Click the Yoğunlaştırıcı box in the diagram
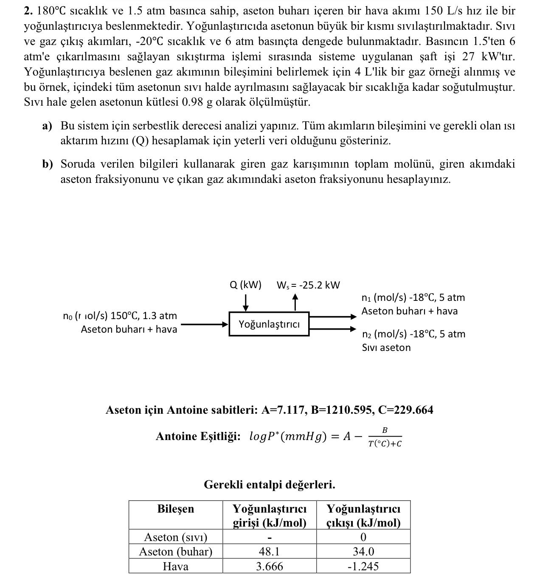pyautogui.click(x=269, y=324)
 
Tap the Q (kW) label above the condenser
pyautogui.click(x=245, y=285)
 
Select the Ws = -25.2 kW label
pyautogui.click(x=308, y=285)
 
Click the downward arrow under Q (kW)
pyautogui.click(x=246, y=303)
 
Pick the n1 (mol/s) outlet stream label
pyautogui.click(x=413, y=297)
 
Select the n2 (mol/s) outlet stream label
pyautogui.click(x=413, y=334)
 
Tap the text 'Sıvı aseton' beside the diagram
pyautogui.click(x=386, y=348)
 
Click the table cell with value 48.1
pyautogui.click(x=269, y=552)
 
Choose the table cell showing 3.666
pyautogui.click(x=269, y=566)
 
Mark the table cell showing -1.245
pyautogui.click(x=363, y=566)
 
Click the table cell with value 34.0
pyautogui.click(x=363, y=552)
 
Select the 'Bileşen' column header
pyautogui.click(x=175, y=509)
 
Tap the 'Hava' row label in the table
pyautogui.click(x=175, y=566)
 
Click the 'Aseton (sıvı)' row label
pyautogui.click(x=175, y=537)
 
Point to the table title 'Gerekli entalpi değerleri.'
pyautogui.click(x=269, y=485)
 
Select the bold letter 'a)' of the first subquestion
pyautogui.click(x=47, y=126)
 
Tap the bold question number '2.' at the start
pyautogui.click(x=28, y=11)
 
